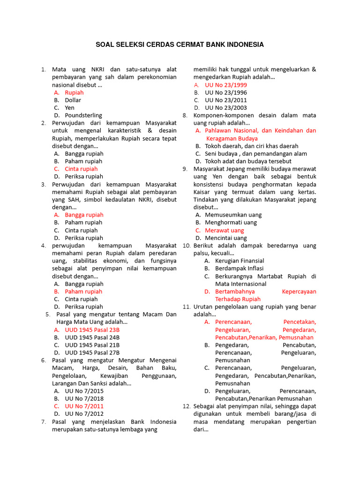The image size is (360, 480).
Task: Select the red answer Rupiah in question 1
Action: [x=74, y=92]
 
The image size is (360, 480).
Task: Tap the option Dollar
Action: [x=73, y=100]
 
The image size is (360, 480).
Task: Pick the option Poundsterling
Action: [x=83, y=115]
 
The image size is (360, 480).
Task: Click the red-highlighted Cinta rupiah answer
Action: [x=81, y=169]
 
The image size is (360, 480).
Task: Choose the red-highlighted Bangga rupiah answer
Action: [x=84, y=215]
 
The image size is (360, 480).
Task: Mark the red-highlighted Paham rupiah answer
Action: [x=83, y=291]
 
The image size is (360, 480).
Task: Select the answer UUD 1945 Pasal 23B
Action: [x=92, y=330]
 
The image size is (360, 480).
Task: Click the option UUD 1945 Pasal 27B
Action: [x=92, y=352]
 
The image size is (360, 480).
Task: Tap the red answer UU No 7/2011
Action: [x=84, y=406]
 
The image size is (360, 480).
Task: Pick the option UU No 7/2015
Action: [x=84, y=390]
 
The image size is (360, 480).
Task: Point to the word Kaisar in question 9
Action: [x=202, y=192]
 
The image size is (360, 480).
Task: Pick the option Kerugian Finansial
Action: [x=240, y=261]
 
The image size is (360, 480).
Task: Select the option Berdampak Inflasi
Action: [x=239, y=268]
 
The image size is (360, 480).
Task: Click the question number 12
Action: [x=186, y=406]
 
